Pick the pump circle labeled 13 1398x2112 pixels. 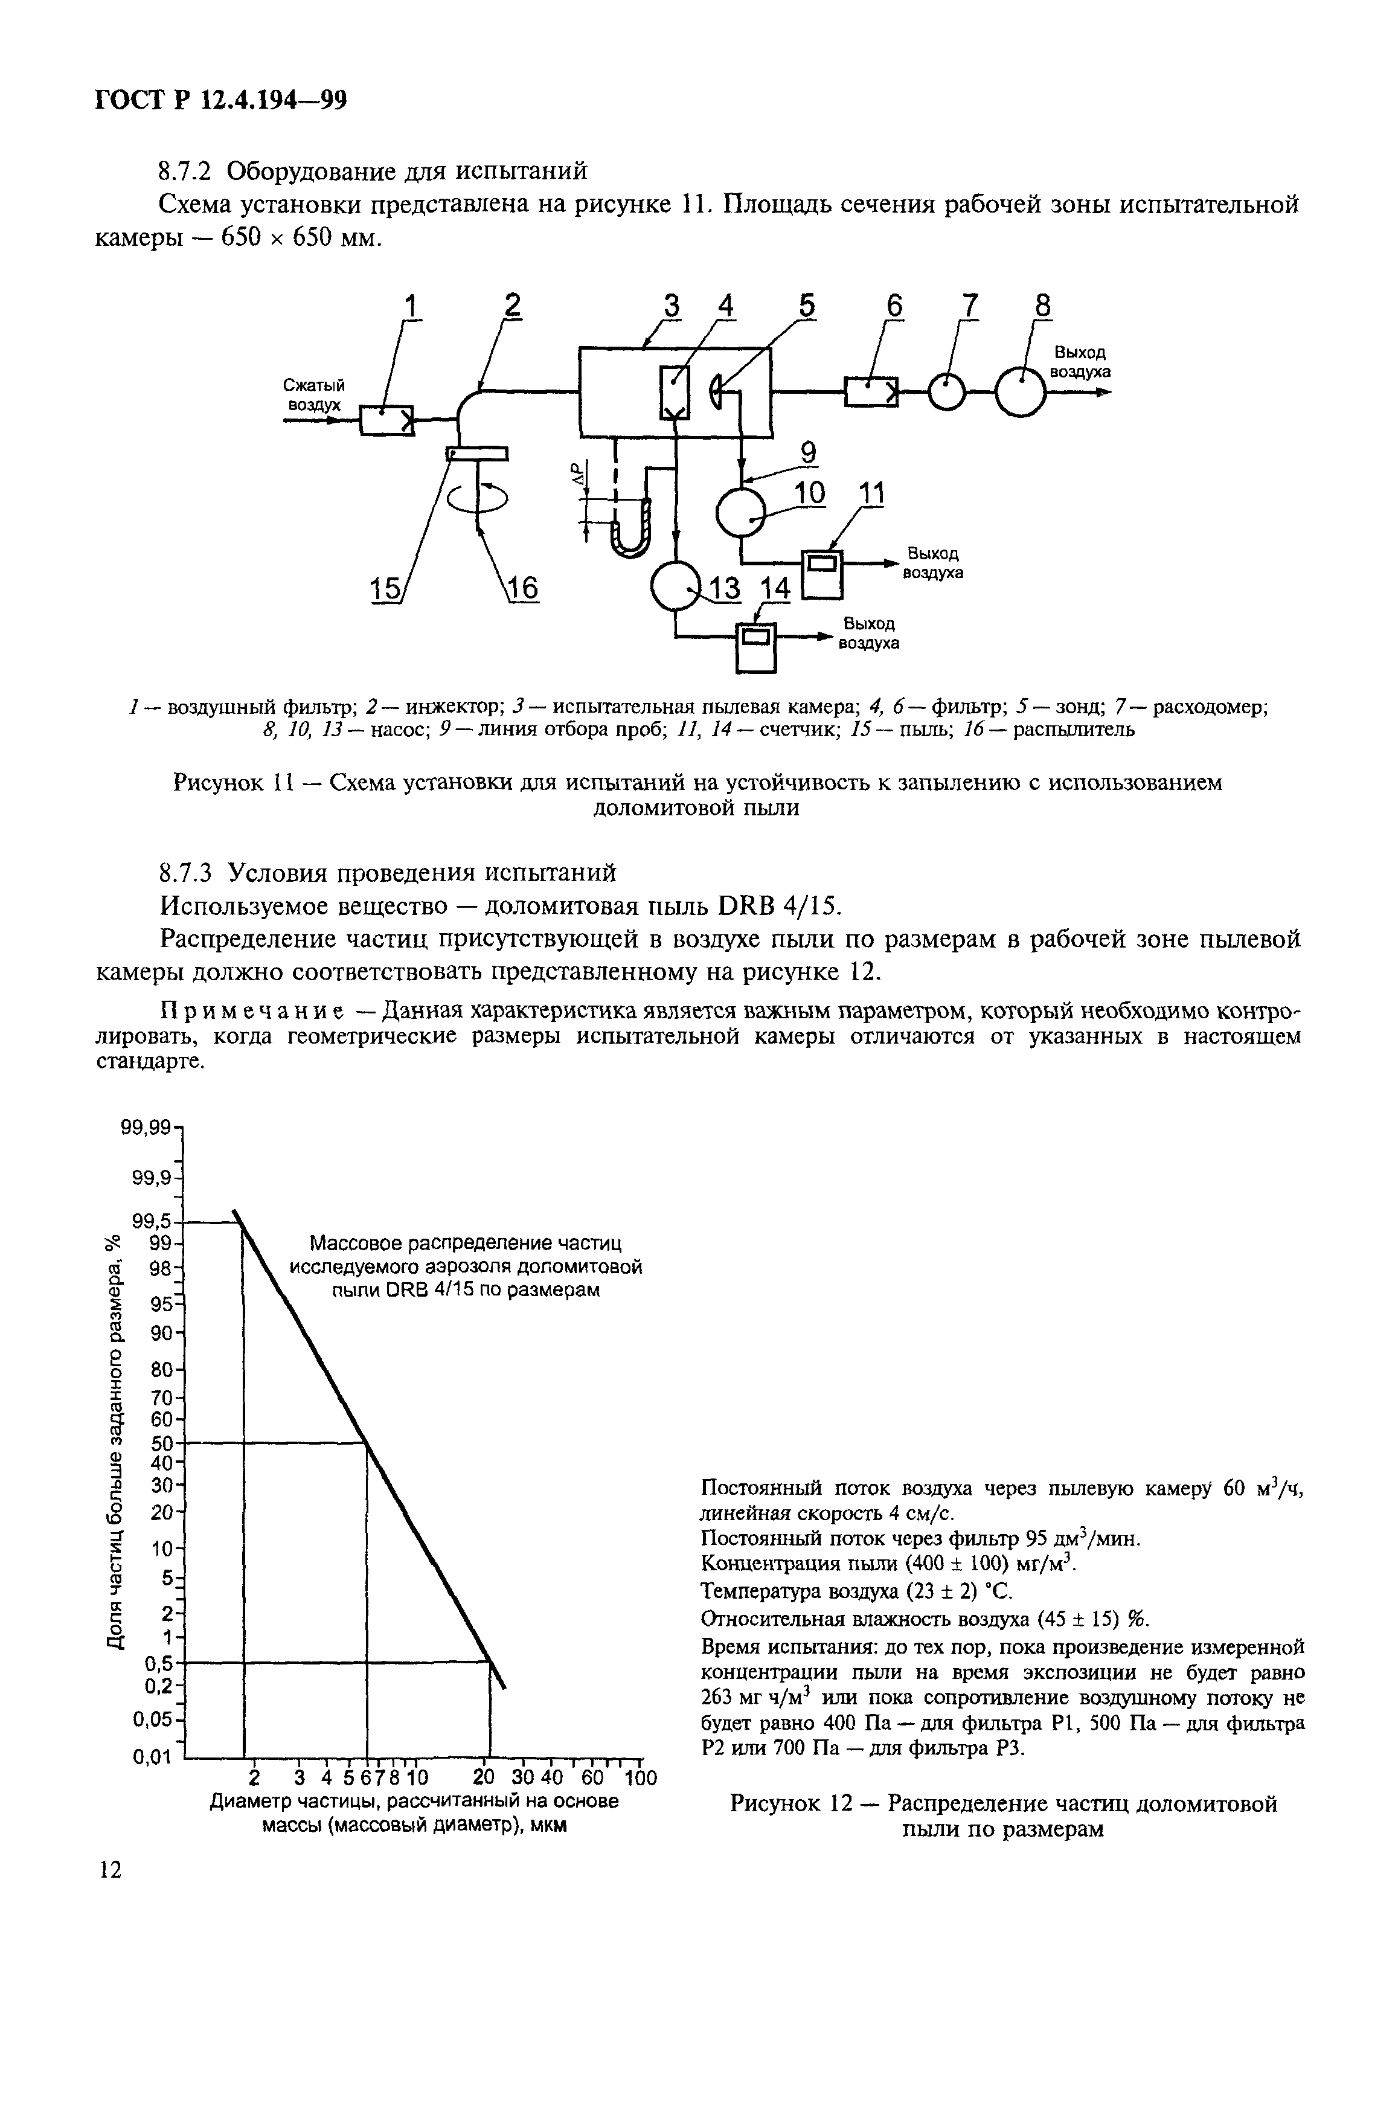click(677, 586)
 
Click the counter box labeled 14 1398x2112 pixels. click(756, 646)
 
